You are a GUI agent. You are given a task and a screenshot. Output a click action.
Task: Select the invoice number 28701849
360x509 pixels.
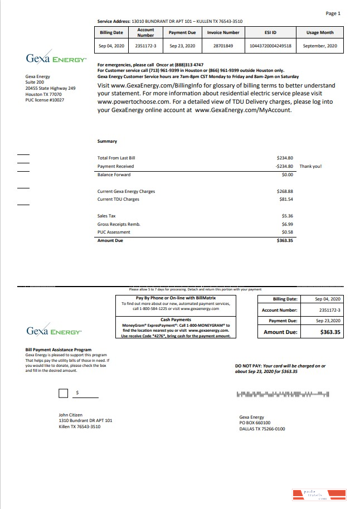(x=223, y=45)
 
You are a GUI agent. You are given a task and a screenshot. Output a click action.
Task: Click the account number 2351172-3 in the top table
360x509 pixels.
(x=145, y=45)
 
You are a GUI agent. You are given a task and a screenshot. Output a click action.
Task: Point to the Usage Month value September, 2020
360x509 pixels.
(x=319, y=45)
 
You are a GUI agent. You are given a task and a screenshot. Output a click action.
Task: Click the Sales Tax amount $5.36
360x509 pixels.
(x=287, y=215)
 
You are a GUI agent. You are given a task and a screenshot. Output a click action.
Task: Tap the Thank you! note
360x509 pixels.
(x=310, y=166)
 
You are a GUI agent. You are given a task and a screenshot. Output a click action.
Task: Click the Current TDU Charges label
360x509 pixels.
(x=118, y=199)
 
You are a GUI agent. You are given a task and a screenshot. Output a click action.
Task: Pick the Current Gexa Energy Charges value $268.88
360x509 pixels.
(x=285, y=191)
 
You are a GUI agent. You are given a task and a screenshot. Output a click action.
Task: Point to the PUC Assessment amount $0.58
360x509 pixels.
(x=287, y=232)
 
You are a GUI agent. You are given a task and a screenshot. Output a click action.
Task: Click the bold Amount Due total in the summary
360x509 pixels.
(x=285, y=240)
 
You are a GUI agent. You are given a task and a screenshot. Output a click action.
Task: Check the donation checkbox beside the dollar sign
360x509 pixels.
(x=64, y=394)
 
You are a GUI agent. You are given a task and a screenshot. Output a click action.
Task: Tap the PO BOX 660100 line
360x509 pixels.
(x=255, y=423)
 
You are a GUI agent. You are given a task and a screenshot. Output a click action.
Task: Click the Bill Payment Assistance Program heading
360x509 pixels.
(x=59, y=350)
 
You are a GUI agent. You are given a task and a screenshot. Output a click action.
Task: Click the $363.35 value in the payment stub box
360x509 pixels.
(x=330, y=332)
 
